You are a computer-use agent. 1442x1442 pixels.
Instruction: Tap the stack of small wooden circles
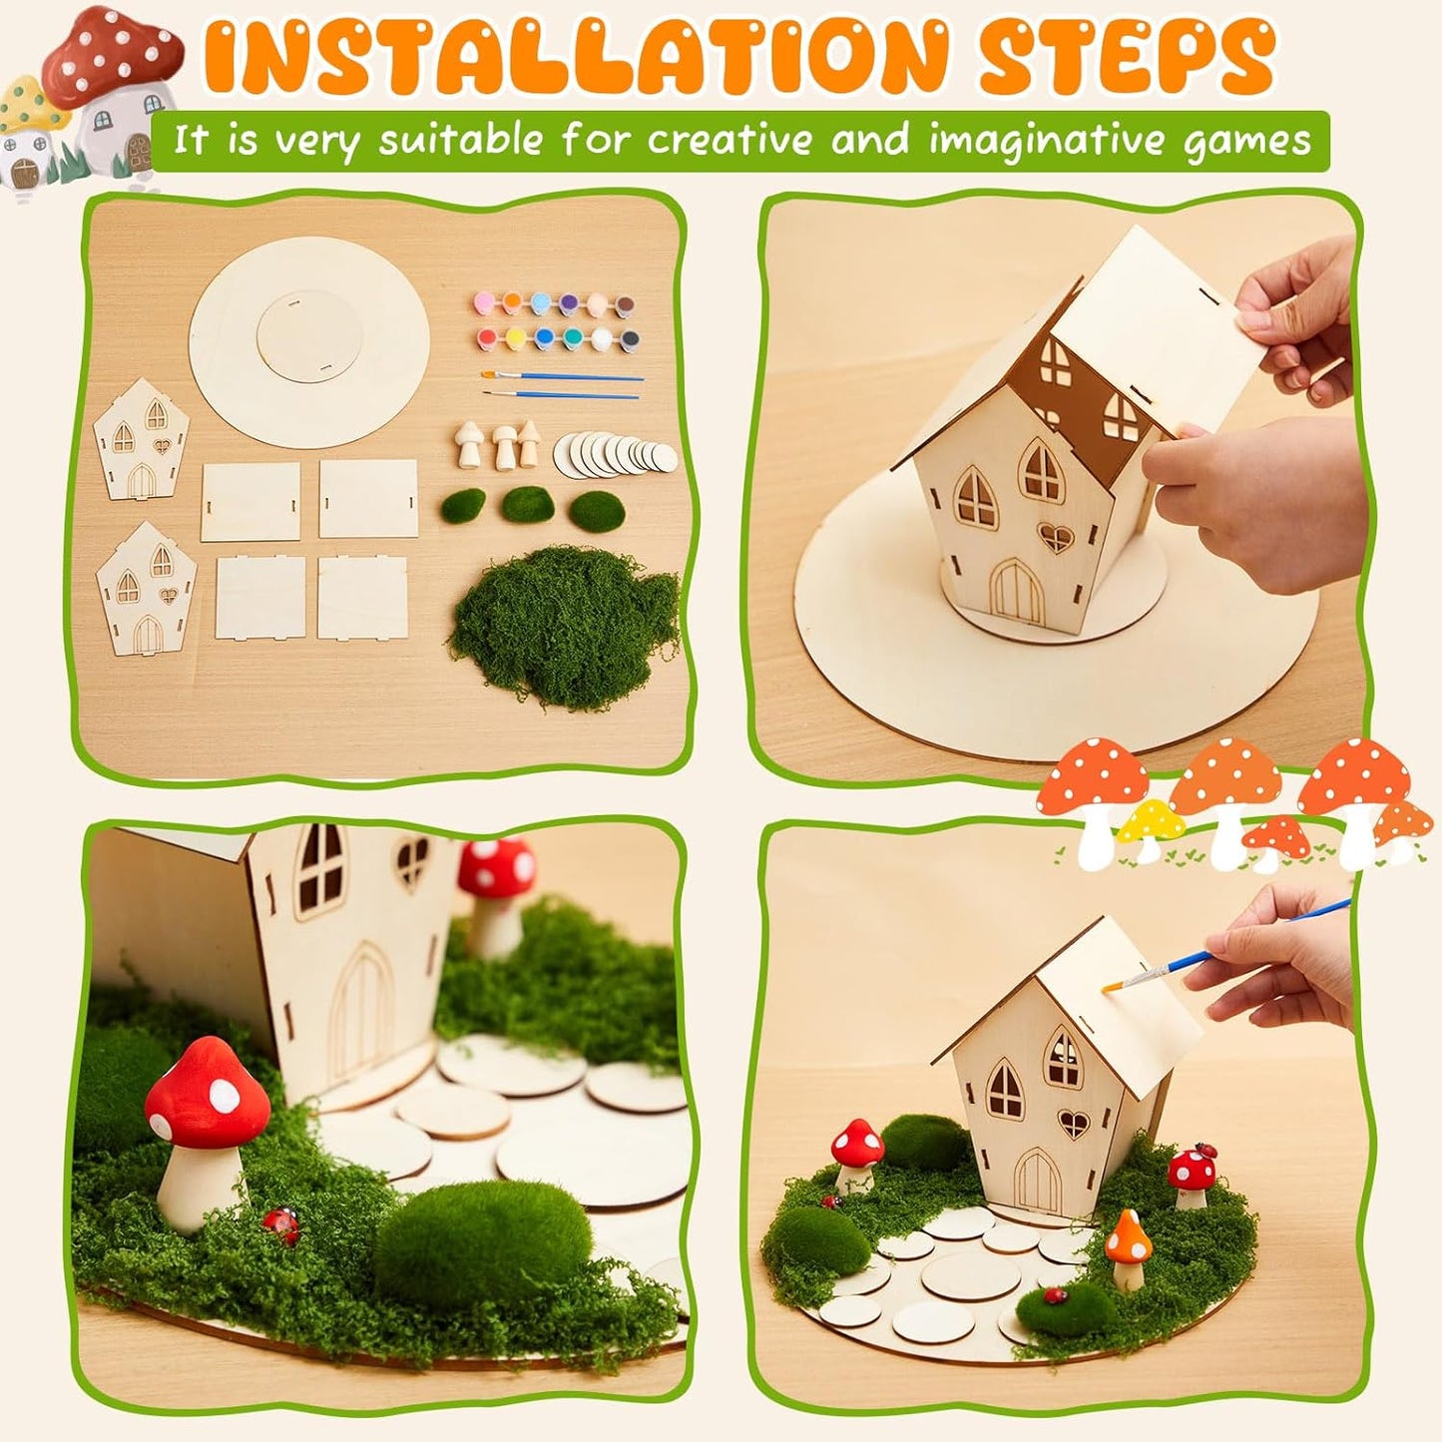coord(614,454)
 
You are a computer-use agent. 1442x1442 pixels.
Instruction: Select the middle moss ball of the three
coord(527,504)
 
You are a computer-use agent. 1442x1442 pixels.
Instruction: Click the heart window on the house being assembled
coord(1055,538)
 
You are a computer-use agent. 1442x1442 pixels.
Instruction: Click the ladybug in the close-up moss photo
coord(281,1223)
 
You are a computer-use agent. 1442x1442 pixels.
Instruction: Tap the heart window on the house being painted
coord(1073,1125)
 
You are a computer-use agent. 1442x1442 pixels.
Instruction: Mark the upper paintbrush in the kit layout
coord(562,376)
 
